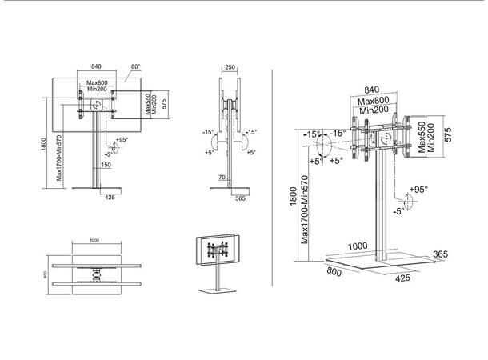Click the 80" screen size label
point(135,67)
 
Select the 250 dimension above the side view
point(230,68)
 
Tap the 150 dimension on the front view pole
point(106,165)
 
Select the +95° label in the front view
point(122,139)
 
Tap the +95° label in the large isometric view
point(418,190)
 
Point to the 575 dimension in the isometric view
point(450,135)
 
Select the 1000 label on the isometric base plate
point(358,245)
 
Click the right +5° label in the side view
point(250,153)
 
